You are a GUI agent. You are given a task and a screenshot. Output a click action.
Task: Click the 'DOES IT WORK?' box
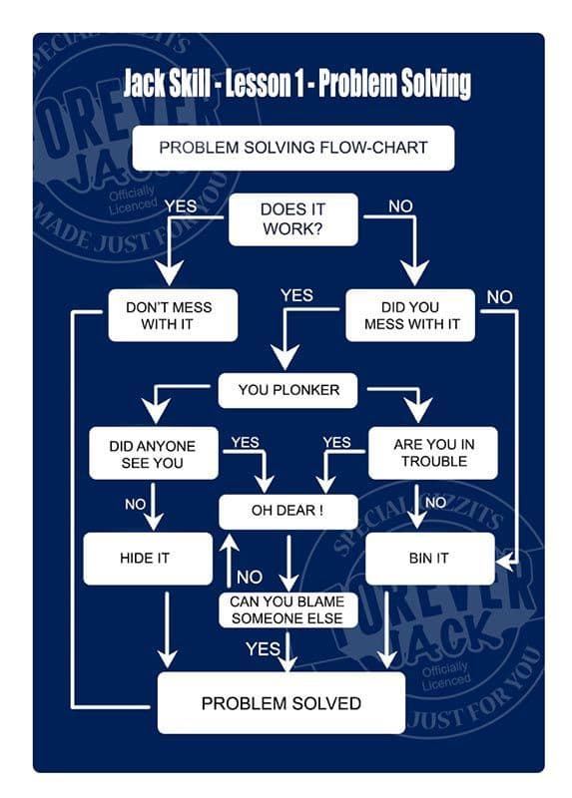coord(292,219)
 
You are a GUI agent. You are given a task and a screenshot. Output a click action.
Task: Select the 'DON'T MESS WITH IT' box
coord(173,315)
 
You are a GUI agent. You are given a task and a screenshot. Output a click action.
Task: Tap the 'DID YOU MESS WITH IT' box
coord(410,315)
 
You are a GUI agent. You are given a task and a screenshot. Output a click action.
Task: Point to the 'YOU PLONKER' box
coord(288,390)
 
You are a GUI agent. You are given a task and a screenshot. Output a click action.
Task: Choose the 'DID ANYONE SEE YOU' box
coord(152,454)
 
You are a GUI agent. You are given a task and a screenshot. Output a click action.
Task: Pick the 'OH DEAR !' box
coord(286,512)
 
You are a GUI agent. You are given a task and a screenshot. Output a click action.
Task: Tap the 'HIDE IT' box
coord(147,559)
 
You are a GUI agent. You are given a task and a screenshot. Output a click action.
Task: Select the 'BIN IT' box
coord(430,559)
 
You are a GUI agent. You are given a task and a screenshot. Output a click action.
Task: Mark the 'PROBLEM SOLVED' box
coord(281,703)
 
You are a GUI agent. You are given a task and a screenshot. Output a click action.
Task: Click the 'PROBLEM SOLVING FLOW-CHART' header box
coord(293,148)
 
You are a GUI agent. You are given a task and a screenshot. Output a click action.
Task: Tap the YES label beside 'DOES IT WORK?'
coord(181,205)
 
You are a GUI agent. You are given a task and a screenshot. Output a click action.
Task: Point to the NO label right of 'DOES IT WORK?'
coord(400,205)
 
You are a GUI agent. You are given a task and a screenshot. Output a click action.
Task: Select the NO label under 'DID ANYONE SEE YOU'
coord(135,505)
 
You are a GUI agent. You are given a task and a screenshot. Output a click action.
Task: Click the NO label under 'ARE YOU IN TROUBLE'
coord(436,503)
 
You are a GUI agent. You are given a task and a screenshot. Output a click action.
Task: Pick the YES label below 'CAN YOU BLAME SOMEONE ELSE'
coord(263,649)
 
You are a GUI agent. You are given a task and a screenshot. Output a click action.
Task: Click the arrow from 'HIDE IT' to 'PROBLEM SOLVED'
coord(168,628)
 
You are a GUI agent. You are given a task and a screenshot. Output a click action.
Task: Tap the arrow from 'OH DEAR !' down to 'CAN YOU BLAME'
coord(288,562)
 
